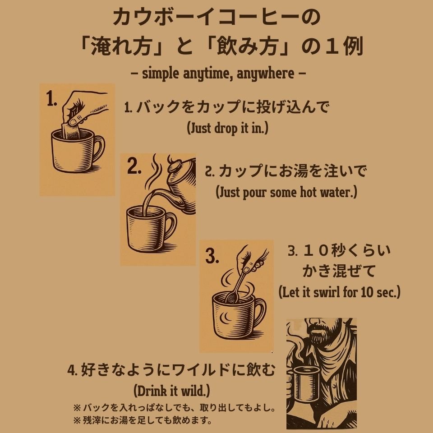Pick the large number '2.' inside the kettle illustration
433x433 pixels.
point(134,167)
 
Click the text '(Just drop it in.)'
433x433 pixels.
point(227,128)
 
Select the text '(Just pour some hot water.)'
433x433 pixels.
point(286,193)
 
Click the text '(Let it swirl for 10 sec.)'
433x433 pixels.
point(339,292)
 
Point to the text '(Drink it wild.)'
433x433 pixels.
point(172,389)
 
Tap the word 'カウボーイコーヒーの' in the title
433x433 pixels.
point(216,18)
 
